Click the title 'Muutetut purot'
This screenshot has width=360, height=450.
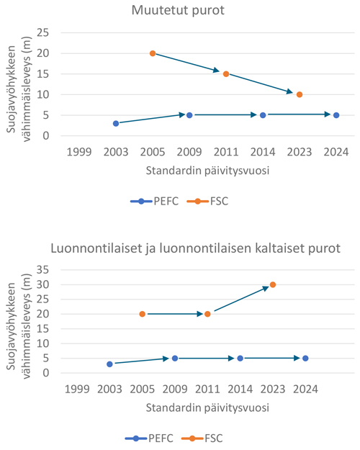tap(178, 10)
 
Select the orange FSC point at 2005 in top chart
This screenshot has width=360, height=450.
tap(153, 53)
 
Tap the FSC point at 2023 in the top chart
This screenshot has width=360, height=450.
tap(300, 94)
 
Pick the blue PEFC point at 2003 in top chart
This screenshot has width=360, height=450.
tap(116, 123)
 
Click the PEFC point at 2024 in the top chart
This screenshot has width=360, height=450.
tap(336, 115)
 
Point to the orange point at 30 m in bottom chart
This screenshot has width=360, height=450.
tap(273, 284)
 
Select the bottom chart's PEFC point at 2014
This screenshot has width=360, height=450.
tap(240, 358)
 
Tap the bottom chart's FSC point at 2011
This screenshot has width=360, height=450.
tap(207, 314)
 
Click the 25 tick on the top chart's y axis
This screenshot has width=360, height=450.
tap(42, 32)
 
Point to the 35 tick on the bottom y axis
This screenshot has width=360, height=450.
tap(42, 270)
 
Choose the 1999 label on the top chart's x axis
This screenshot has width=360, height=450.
tap(79, 152)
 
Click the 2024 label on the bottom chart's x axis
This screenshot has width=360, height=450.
tap(305, 390)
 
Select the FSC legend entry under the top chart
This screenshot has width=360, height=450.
tap(207, 201)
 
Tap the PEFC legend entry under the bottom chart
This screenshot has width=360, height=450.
tap(149, 438)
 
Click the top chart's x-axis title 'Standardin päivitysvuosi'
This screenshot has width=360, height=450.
tap(207, 171)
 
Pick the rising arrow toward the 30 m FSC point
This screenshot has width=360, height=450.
tap(242, 299)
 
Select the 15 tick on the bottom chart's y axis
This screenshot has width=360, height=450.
tap(42, 328)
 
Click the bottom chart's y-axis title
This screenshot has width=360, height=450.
tap(19, 325)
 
